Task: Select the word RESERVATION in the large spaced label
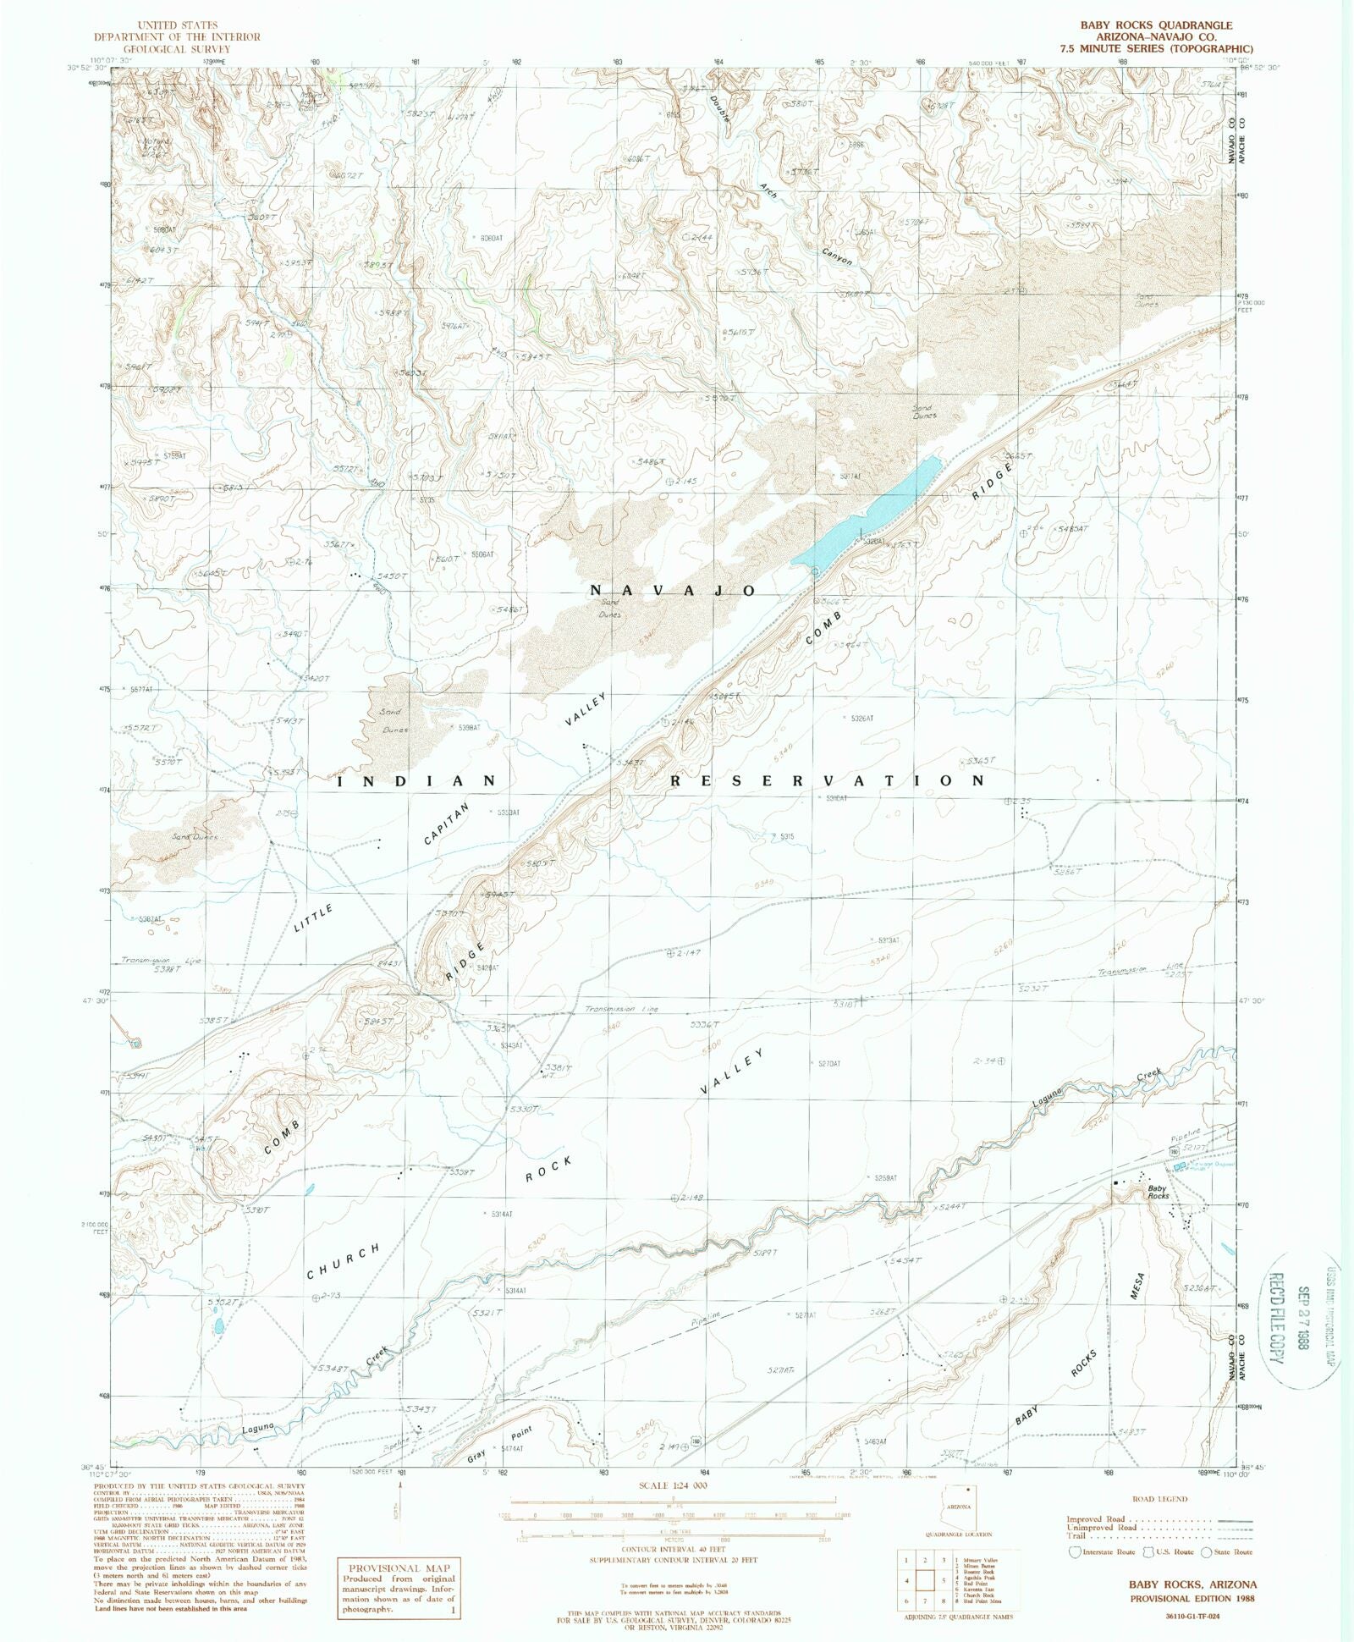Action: tap(828, 780)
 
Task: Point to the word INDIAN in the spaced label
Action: tap(416, 780)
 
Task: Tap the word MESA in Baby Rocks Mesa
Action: tap(1137, 1289)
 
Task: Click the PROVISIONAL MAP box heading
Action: tap(397, 1565)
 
